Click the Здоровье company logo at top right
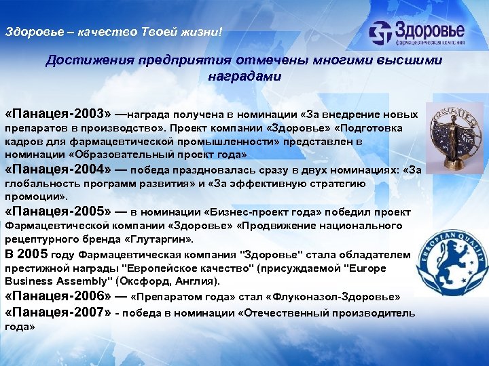tap(417, 33)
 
